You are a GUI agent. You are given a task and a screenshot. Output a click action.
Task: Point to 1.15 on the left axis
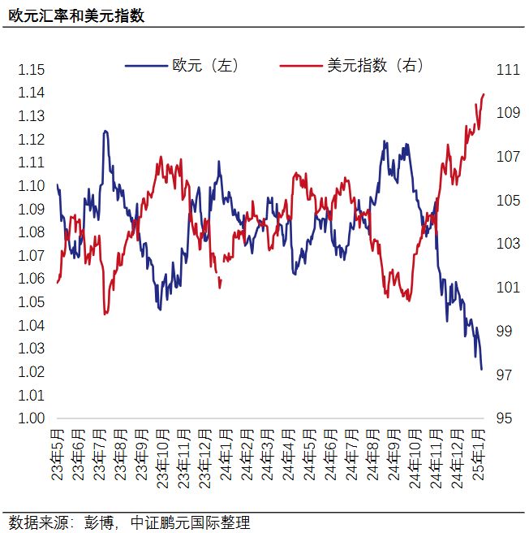tap(31, 70)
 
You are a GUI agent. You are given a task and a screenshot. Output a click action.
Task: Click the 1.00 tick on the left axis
tap(31, 418)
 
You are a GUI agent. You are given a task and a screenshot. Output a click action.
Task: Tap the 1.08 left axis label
tap(31, 232)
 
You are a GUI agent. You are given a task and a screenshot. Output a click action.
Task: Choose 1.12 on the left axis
tap(31, 140)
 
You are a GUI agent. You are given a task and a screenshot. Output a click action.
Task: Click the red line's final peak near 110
tap(484, 94)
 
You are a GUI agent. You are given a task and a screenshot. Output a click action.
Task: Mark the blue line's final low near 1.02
tap(482, 369)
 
